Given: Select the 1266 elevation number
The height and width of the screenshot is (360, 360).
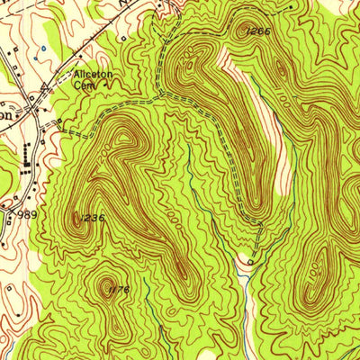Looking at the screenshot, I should coord(256,30).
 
